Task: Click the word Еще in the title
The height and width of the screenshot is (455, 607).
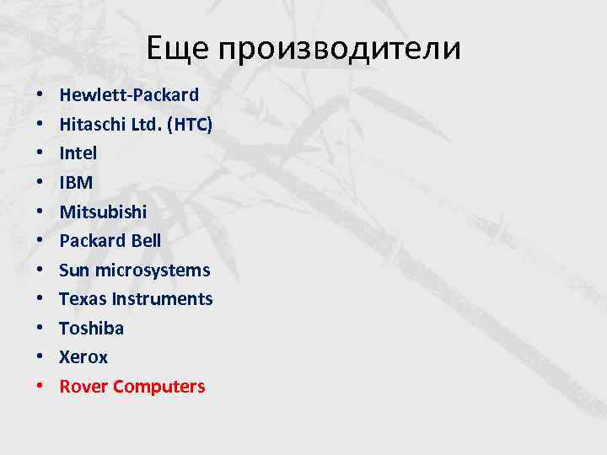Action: point(176,48)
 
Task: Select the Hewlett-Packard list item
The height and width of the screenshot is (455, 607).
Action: point(129,94)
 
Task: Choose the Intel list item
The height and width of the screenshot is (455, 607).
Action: point(78,153)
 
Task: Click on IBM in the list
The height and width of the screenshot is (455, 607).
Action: point(76,182)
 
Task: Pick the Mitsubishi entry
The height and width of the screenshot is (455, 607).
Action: point(103,211)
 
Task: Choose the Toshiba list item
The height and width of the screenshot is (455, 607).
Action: point(91,328)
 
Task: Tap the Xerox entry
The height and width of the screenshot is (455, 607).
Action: point(83,357)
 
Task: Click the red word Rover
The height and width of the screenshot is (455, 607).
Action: point(83,387)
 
